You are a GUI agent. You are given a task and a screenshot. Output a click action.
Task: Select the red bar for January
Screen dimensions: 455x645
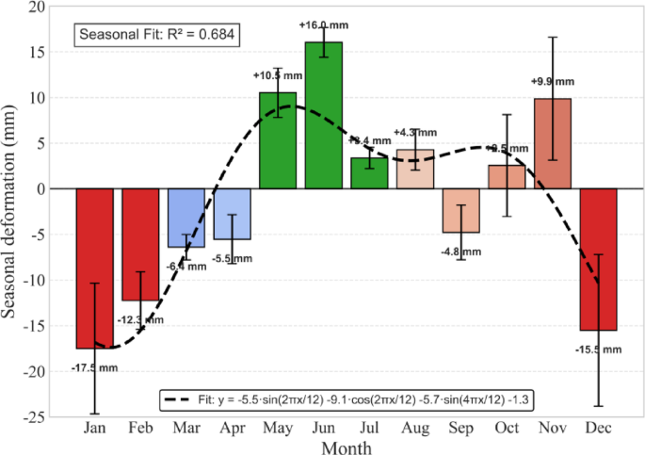point(95,268)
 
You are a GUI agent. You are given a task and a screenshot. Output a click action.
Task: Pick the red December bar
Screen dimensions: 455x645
point(598,259)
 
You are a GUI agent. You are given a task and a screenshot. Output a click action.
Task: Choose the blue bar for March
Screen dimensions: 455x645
point(186,218)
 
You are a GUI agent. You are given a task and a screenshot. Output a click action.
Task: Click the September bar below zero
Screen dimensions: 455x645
point(460,210)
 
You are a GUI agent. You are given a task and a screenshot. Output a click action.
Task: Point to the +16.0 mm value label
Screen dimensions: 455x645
point(323,24)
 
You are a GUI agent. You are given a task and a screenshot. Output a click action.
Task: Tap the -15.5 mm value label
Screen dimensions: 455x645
point(598,349)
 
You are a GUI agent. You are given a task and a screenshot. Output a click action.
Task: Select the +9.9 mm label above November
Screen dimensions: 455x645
point(553,82)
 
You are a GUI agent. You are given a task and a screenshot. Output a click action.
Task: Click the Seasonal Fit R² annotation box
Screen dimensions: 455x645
point(156,36)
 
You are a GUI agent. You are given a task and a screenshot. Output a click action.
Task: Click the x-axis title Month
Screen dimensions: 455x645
point(346,447)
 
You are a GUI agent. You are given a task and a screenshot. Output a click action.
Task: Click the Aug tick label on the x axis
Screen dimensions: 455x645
point(414,430)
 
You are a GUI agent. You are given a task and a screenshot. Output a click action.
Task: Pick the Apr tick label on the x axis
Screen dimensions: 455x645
point(232,430)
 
